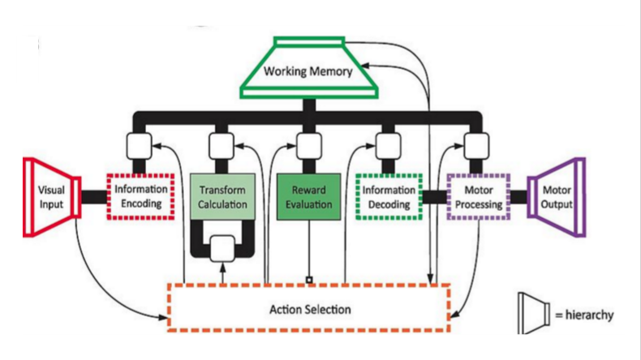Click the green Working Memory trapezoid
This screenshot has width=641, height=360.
point(308,71)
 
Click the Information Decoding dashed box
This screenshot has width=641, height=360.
point(390,197)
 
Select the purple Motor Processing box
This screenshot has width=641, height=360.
point(477,197)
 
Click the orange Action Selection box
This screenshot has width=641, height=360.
point(308,308)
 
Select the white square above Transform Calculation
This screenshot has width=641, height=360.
point(222,146)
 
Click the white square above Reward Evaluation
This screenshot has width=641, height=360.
point(306,146)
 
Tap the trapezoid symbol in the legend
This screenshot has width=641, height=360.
point(532,312)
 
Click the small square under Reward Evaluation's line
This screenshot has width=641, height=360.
point(308,281)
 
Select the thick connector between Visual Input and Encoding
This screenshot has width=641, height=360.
point(93,197)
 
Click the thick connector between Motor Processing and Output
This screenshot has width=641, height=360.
point(518,197)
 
